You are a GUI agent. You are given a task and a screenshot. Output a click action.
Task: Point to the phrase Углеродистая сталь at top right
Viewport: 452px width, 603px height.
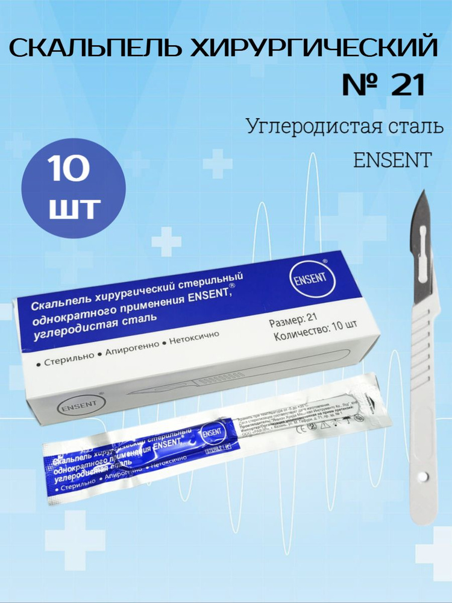point(345,127)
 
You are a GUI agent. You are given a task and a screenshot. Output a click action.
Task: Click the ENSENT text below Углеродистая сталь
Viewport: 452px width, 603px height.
point(392,160)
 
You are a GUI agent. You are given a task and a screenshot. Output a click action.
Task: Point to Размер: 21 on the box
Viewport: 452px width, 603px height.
point(293,323)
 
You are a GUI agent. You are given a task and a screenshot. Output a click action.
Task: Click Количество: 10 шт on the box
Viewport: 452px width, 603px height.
point(315,337)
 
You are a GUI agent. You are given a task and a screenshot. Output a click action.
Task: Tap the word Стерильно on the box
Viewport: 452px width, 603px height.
point(67,356)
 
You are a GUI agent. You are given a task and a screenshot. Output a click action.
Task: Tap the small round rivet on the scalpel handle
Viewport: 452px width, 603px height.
point(422,476)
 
